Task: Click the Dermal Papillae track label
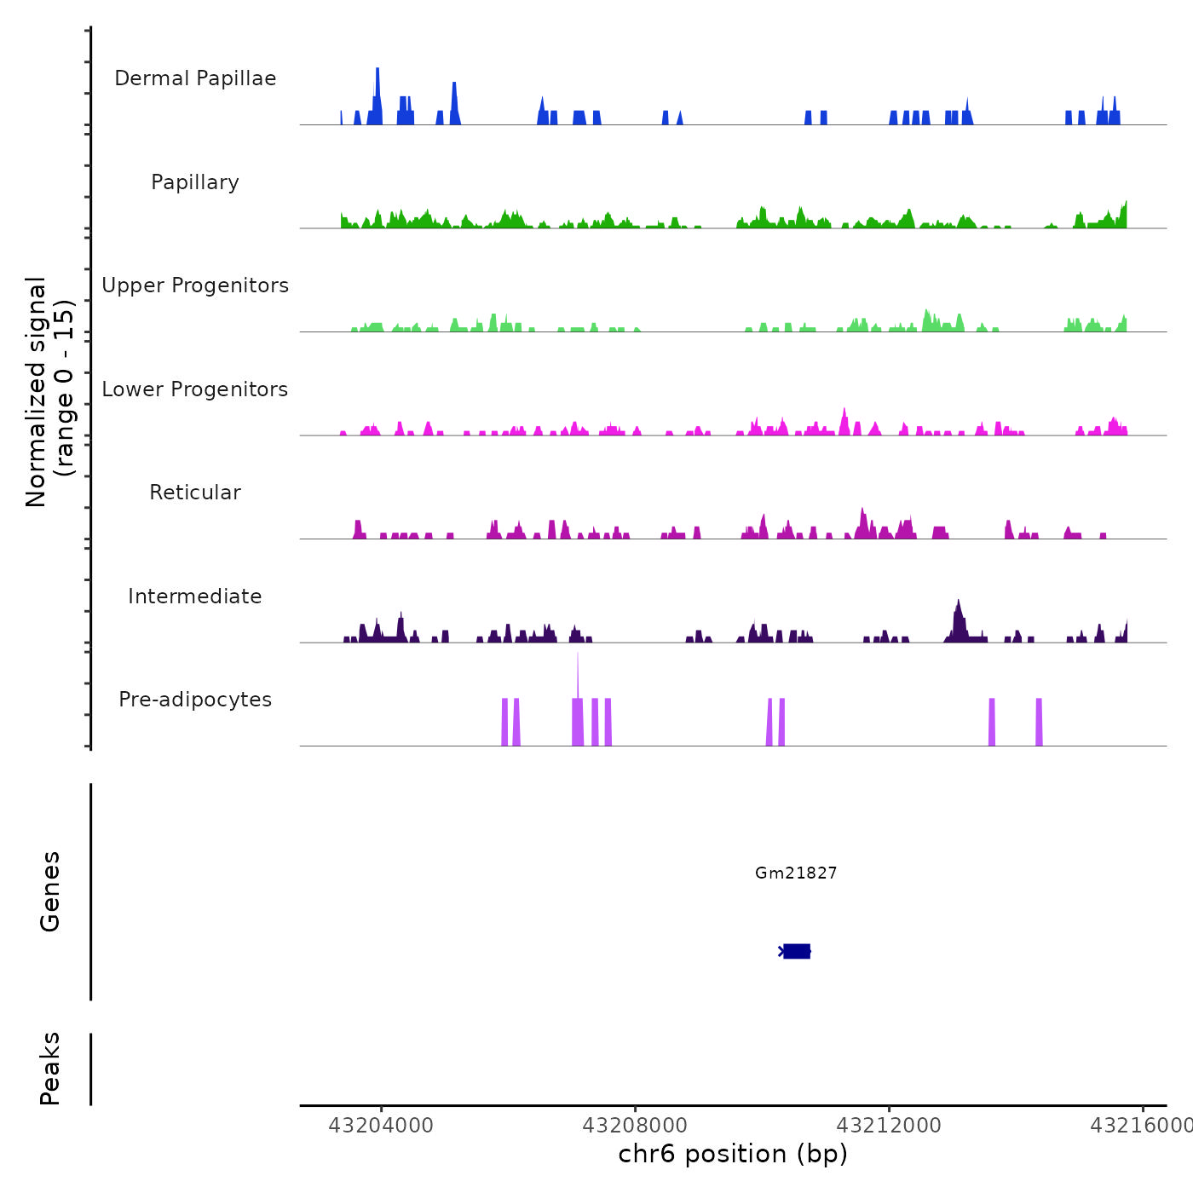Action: (x=195, y=78)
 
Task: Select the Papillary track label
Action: (x=195, y=182)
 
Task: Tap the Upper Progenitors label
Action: (x=195, y=285)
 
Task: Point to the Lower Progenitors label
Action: (x=195, y=389)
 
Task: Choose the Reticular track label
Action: (x=195, y=493)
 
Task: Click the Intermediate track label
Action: (x=195, y=596)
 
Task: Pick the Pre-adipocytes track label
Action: (x=195, y=700)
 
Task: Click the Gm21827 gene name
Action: (x=796, y=873)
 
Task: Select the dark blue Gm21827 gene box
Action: (x=797, y=951)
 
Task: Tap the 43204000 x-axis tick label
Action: (x=381, y=1126)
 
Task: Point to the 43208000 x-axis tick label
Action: (x=635, y=1126)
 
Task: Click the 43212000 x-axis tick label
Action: (x=889, y=1126)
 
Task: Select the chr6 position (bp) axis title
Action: (x=733, y=1154)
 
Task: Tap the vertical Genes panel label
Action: (x=50, y=891)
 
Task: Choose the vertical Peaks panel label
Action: (x=50, y=1069)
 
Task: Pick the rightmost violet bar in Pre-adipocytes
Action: (x=1039, y=722)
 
